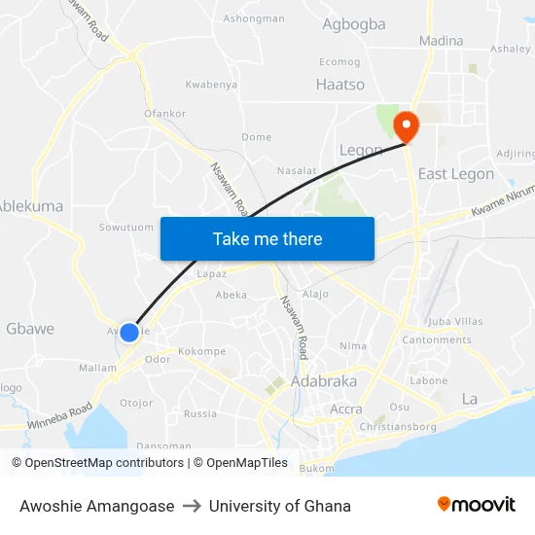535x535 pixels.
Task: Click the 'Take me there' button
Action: (x=267, y=238)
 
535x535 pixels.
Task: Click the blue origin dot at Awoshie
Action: (x=129, y=332)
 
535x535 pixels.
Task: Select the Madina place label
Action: (x=441, y=41)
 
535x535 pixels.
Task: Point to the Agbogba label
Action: (x=353, y=24)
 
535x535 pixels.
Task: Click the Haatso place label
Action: (x=339, y=85)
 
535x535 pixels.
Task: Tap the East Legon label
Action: (x=455, y=174)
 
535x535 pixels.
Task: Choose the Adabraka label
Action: (x=324, y=381)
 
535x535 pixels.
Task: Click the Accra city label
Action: (x=346, y=409)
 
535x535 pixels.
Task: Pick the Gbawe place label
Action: (x=30, y=329)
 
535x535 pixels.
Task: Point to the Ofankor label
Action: (x=164, y=114)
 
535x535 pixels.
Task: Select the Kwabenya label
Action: (x=211, y=85)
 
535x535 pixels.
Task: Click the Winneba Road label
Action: (x=59, y=416)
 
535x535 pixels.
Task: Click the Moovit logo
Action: (x=476, y=504)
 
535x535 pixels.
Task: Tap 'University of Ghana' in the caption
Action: (x=280, y=506)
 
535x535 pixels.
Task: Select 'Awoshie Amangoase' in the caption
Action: (x=96, y=506)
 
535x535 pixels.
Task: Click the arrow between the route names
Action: (x=192, y=506)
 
